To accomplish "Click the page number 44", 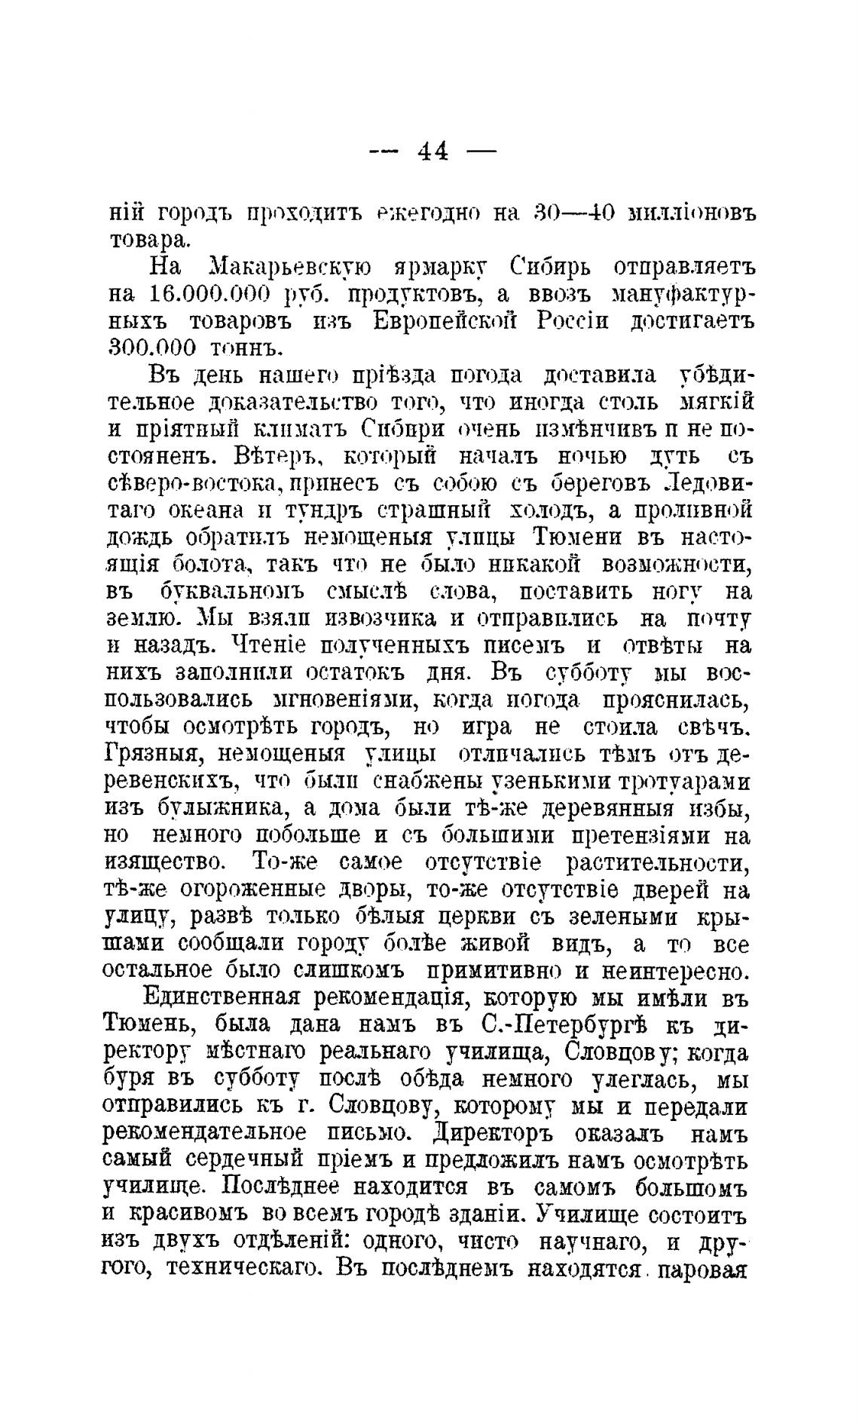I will (433, 152).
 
